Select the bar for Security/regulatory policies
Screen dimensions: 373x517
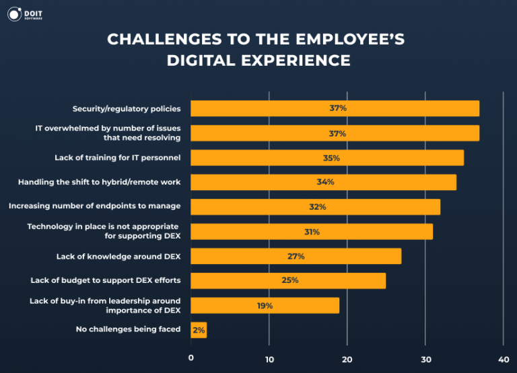[335, 108]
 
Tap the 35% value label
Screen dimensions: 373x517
[331, 158]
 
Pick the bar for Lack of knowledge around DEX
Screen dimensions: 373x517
[296, 256]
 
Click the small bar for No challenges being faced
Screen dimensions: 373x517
[199, 329]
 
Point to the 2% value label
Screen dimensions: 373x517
[199, 329]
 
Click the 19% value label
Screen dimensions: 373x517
[265, 305]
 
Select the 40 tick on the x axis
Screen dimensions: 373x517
[503, 359]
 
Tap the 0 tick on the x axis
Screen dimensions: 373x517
[191, 359]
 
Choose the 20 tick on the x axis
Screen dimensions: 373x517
[347, 359]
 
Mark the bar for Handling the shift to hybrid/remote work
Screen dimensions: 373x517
[323, 182]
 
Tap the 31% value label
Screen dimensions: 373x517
[312, 232]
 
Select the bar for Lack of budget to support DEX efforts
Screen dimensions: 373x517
[288, 280]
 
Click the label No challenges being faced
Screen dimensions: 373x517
[129, 329]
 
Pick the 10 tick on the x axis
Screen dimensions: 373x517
[269, 359]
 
